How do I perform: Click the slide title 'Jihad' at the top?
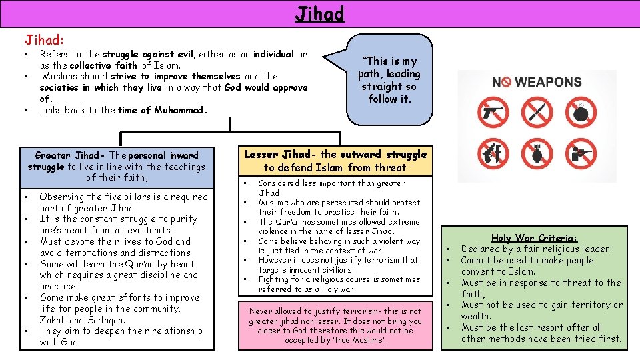[319, 13]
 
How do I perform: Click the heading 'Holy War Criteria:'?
[534, 238]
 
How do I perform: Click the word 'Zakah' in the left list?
[54, 320]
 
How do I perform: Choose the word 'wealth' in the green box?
[475, 316]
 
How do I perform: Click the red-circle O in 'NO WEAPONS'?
[506, 82]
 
